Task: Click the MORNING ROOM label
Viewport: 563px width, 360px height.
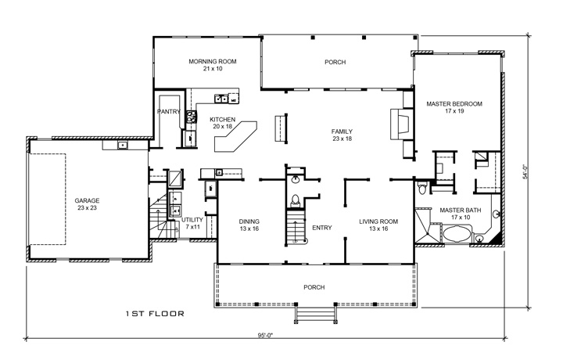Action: [x=213, y=62]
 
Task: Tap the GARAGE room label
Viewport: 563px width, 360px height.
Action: [x=87, y=200]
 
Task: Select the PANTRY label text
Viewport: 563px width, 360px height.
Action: [x=169, y=112]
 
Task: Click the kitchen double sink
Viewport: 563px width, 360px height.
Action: [x=223, y=99]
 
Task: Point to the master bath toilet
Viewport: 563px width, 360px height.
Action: [x=422, y=188]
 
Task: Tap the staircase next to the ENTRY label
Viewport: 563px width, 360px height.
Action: [x=296, y=232]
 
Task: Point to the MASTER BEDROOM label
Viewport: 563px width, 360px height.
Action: [x=454, y=103]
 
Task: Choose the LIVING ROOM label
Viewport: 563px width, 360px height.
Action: [x=378, y=221]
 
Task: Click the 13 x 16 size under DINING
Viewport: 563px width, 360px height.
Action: [x=249, y=230]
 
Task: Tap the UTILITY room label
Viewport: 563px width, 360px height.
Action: [x=192, y=221]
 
